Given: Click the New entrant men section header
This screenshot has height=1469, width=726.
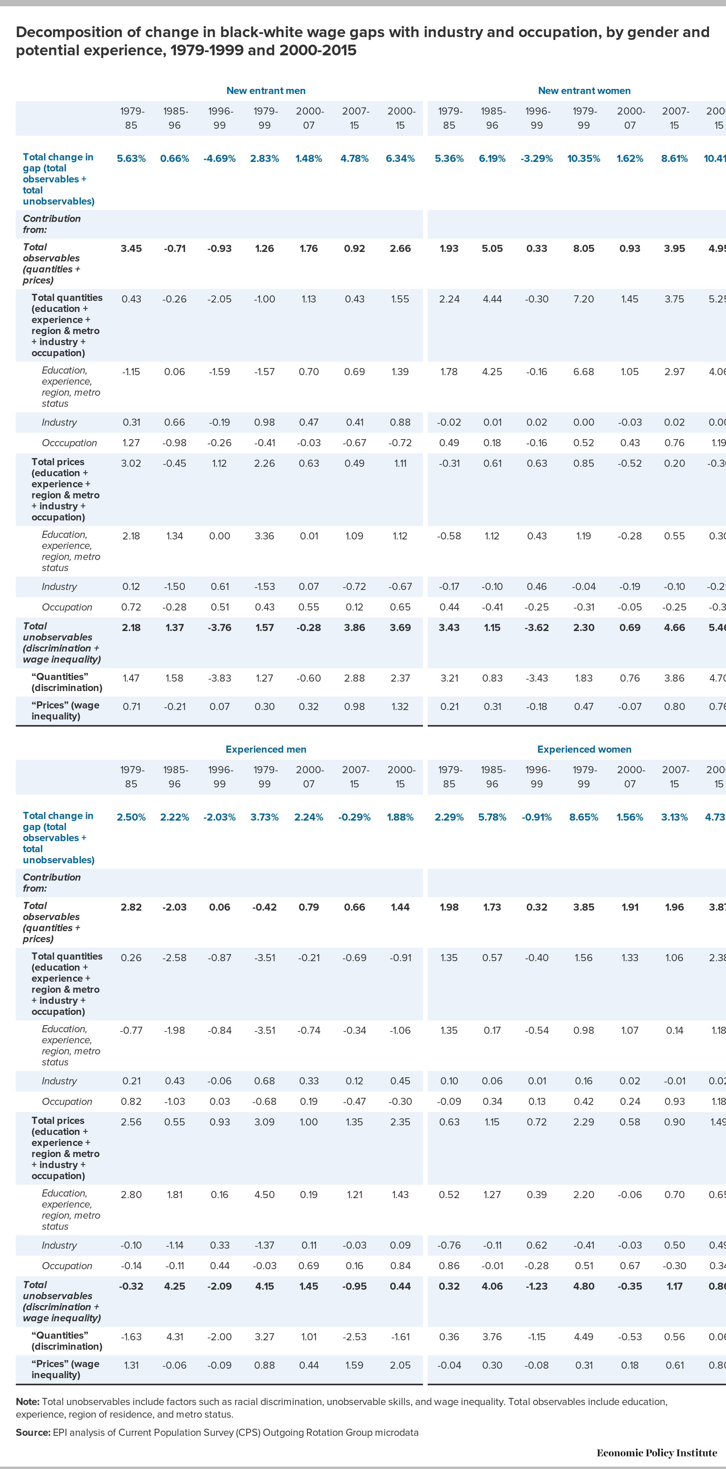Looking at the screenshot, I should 266,91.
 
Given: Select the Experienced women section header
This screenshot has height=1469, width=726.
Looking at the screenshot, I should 584,750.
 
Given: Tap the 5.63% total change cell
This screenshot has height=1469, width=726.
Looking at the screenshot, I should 131,158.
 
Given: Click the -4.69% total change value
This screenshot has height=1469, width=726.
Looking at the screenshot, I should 219,158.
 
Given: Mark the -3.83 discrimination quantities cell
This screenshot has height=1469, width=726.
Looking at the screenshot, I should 219,678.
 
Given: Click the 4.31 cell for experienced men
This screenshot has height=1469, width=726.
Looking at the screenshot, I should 174,1337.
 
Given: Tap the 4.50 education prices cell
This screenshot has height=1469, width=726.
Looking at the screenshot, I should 264,1195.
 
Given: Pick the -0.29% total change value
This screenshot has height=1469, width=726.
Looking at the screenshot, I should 354,817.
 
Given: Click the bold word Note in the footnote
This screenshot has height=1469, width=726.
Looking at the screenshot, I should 27,1402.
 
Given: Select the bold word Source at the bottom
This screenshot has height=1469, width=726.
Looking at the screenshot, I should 32,1433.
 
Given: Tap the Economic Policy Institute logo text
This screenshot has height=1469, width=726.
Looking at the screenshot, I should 657,1453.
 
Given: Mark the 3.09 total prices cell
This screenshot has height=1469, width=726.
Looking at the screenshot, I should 264,1122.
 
